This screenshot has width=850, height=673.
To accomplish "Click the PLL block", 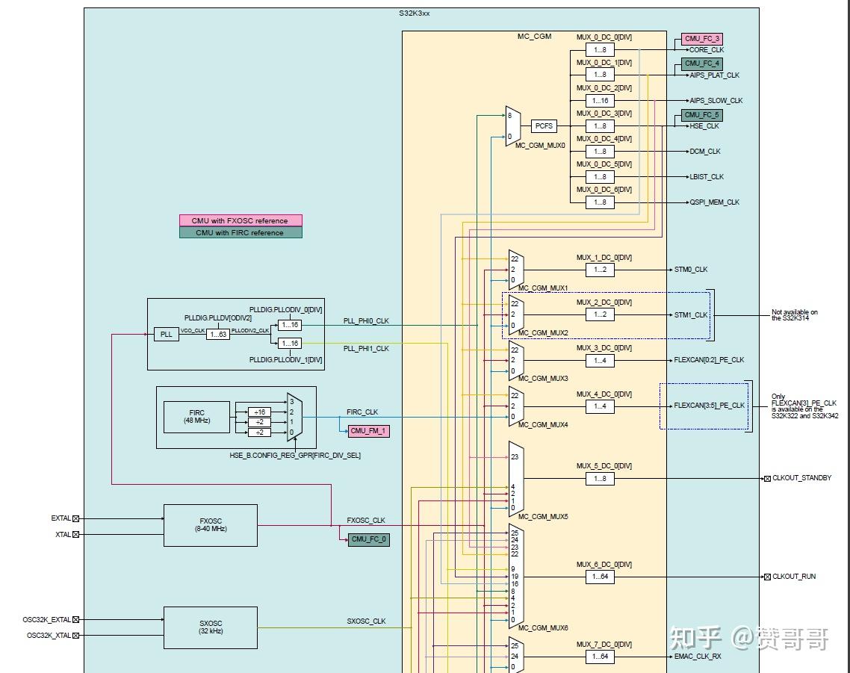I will (167, 335).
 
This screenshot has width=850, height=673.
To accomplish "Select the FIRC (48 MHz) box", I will (196, 417).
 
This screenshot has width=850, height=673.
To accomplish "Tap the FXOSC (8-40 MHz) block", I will (210, 525).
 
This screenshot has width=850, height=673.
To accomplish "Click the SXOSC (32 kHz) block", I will (210, 627).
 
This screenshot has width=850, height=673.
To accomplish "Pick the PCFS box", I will (544, 126).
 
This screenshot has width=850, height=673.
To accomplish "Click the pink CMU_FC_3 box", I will (701, 39).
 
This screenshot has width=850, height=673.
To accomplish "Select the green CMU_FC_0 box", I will (368, 539).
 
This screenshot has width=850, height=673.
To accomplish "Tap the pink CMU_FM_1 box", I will (368, 431).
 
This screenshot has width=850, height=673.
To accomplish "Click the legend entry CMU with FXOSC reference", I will (241, 220).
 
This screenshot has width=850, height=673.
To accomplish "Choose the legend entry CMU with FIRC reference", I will (241, 232).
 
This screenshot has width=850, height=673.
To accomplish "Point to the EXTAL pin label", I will (61, 518).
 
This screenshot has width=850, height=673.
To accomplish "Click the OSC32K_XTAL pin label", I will (49, 636).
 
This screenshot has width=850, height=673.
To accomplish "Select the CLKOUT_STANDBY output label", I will (801, 478).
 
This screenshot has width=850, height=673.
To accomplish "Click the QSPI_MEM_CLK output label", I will (714, 202).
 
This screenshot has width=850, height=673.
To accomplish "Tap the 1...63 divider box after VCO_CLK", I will (219, 335).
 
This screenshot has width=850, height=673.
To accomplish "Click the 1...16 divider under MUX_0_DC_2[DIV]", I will (600, 101).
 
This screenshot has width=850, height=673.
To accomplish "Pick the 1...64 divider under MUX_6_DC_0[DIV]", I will (600, 577).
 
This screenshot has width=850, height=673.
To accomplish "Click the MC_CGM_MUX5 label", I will (543, 517).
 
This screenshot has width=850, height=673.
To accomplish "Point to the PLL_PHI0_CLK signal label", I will (366, 321).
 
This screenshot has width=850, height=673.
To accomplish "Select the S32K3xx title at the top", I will (415, 13).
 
